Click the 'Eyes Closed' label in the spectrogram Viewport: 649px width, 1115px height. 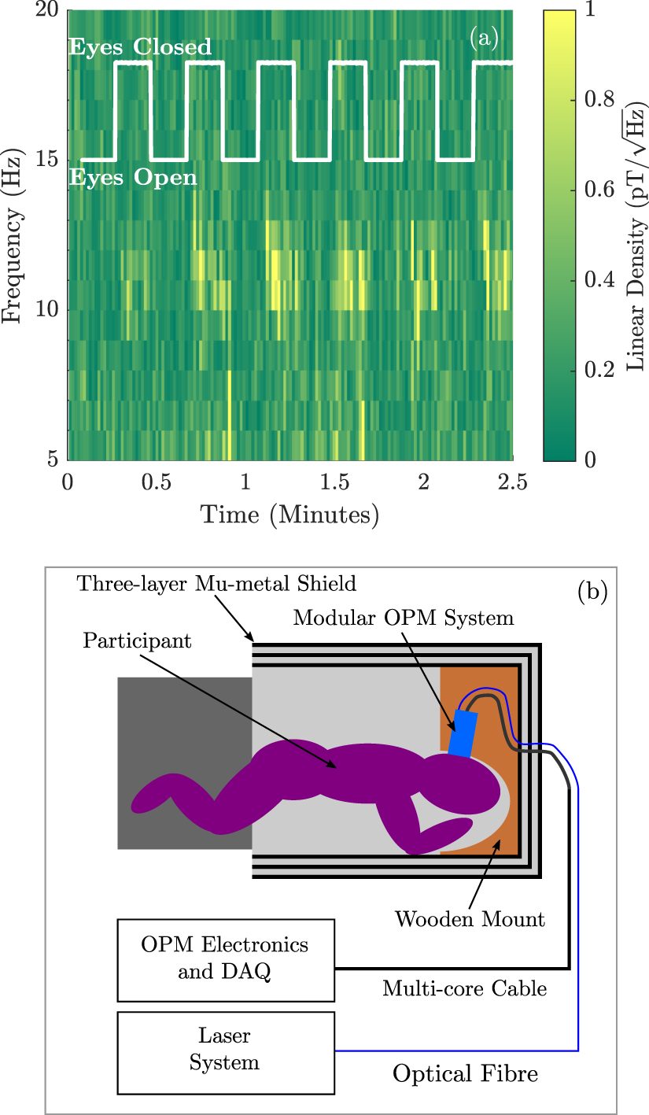click(140, 47)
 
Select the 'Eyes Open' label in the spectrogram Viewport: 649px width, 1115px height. click(133, 178)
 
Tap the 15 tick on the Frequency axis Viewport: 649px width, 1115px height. click(46, 161)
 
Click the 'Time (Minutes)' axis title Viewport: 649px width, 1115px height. click(289, 515)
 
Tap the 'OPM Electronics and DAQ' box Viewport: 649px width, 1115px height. click(224, 958)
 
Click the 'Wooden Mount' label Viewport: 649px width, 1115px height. click(470, 918)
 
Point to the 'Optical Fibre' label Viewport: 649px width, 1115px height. click(466, 1073)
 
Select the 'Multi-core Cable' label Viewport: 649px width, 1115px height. click(464, 988)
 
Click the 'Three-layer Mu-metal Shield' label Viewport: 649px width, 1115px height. click(216, 584)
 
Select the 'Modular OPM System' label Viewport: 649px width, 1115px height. click(404, 618)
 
